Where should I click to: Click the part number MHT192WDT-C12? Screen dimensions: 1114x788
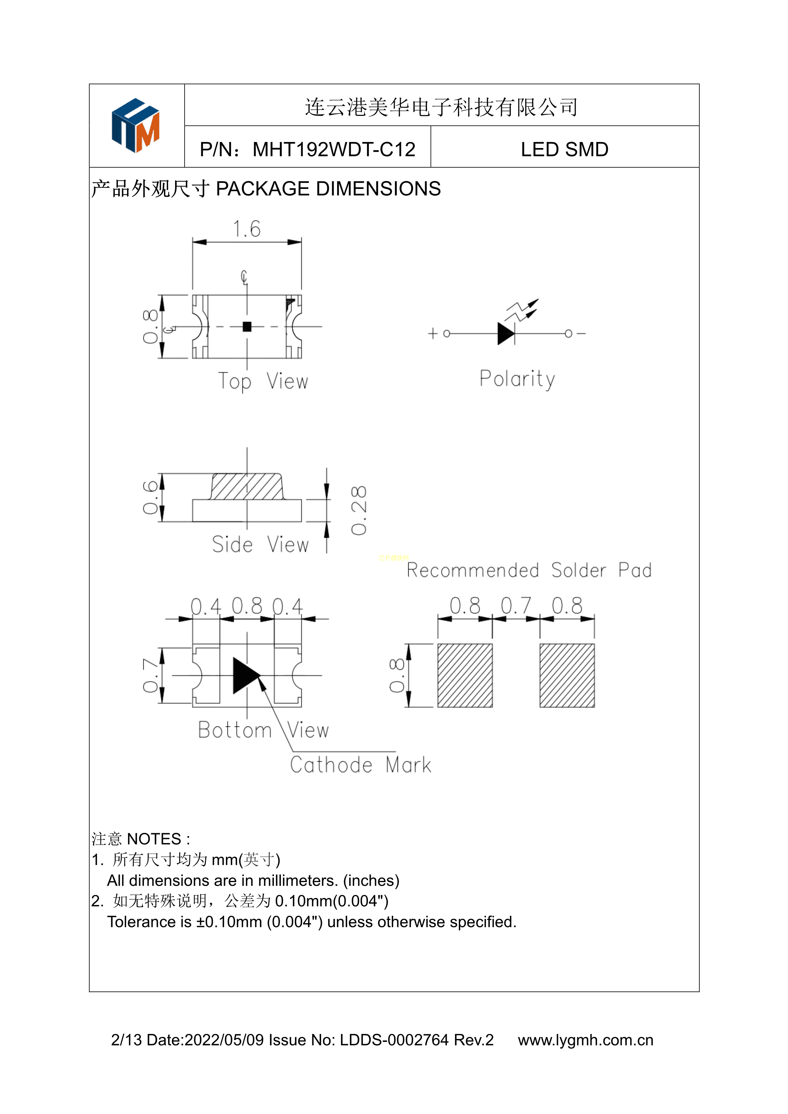[x=334, y=149]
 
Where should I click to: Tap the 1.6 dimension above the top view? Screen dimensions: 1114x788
[x=247, y=229]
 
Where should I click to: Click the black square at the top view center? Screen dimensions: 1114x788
[x=247, y=327]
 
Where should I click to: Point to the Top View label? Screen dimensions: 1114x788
[x=263, y=381]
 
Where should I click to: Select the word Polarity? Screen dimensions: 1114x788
[x=517, y=379]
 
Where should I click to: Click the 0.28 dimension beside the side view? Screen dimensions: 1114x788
[x=359, y=510]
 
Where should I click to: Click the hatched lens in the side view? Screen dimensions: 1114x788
[x=247, y=487]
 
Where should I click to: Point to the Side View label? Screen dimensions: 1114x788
[x=260, y=544]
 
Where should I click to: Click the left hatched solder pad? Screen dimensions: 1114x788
[x=465, y=675]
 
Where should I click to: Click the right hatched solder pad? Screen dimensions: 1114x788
[x=567, y=675]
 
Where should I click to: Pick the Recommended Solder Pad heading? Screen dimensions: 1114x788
[x=529, y=571]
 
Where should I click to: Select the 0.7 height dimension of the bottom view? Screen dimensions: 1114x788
[x=150, y=675]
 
